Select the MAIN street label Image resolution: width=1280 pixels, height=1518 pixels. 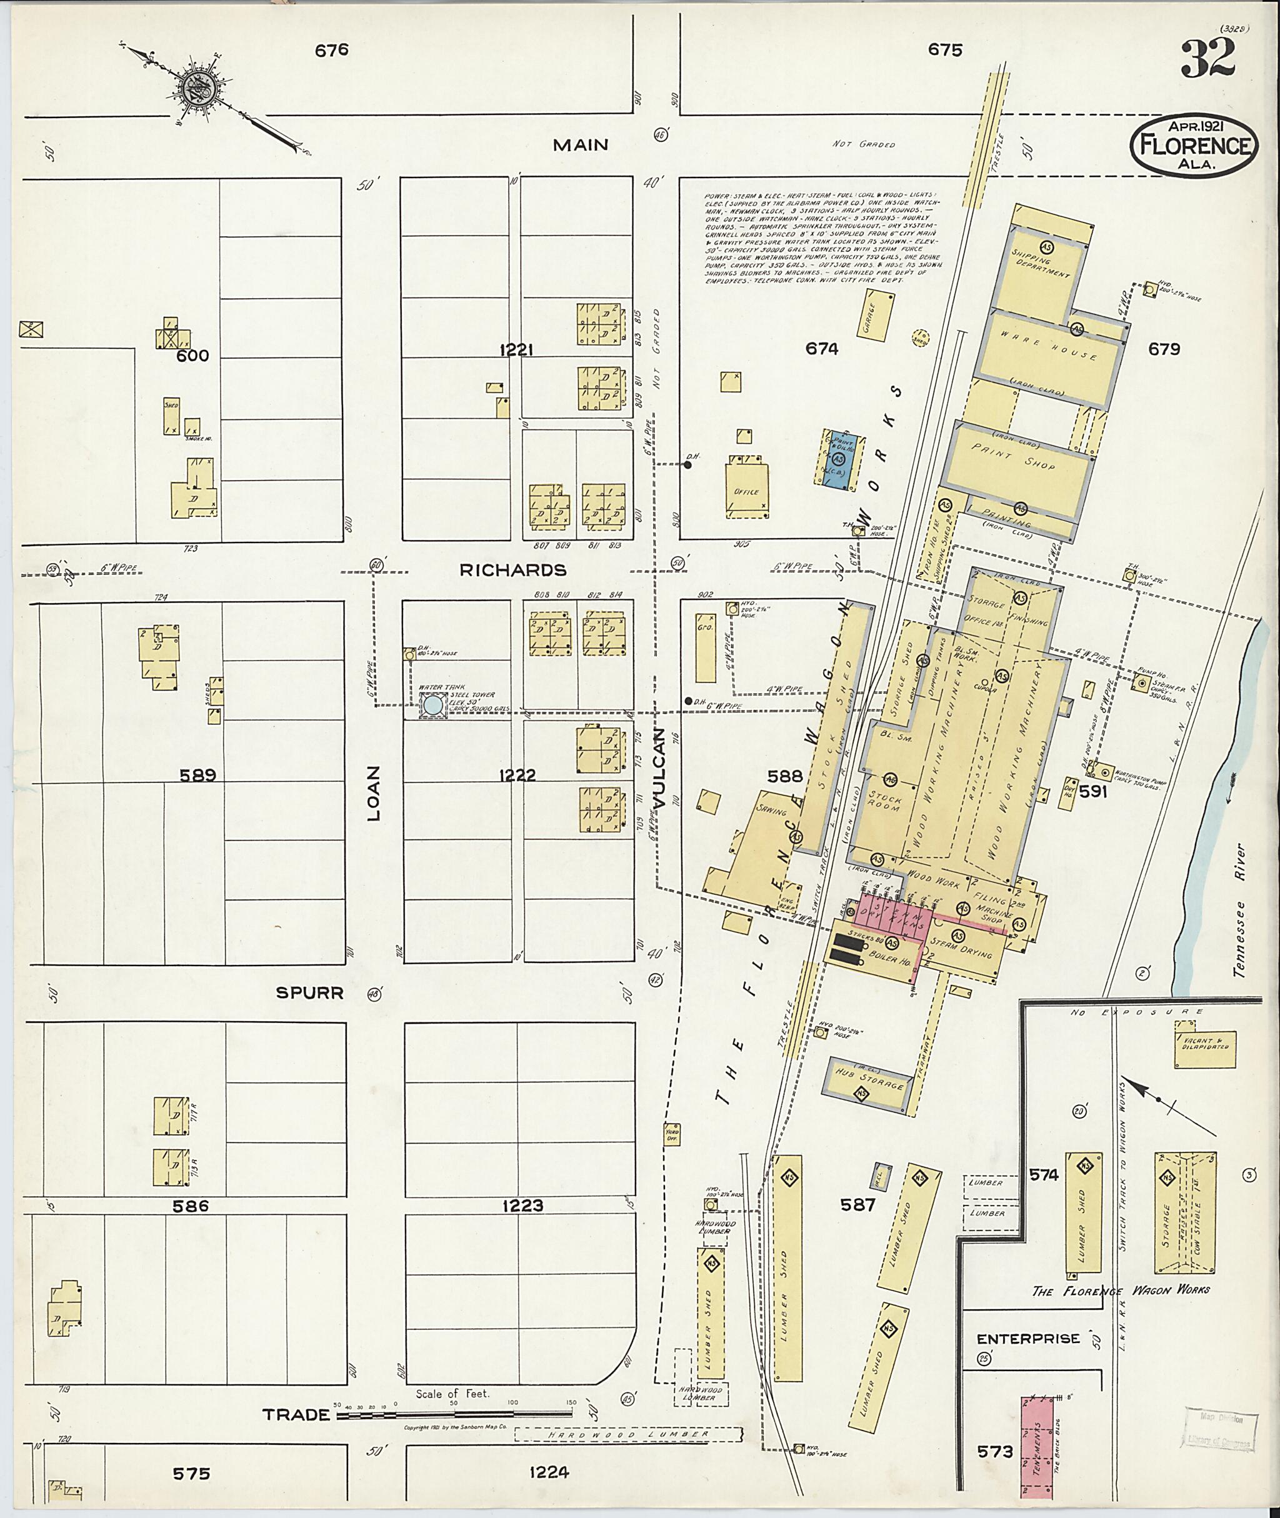(581, 145)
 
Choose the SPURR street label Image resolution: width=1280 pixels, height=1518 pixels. (309, 992)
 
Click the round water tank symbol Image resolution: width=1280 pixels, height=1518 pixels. (432, 704)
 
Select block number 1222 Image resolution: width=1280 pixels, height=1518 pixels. (517, 775)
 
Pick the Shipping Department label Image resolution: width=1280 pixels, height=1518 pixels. (1040, 262)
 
